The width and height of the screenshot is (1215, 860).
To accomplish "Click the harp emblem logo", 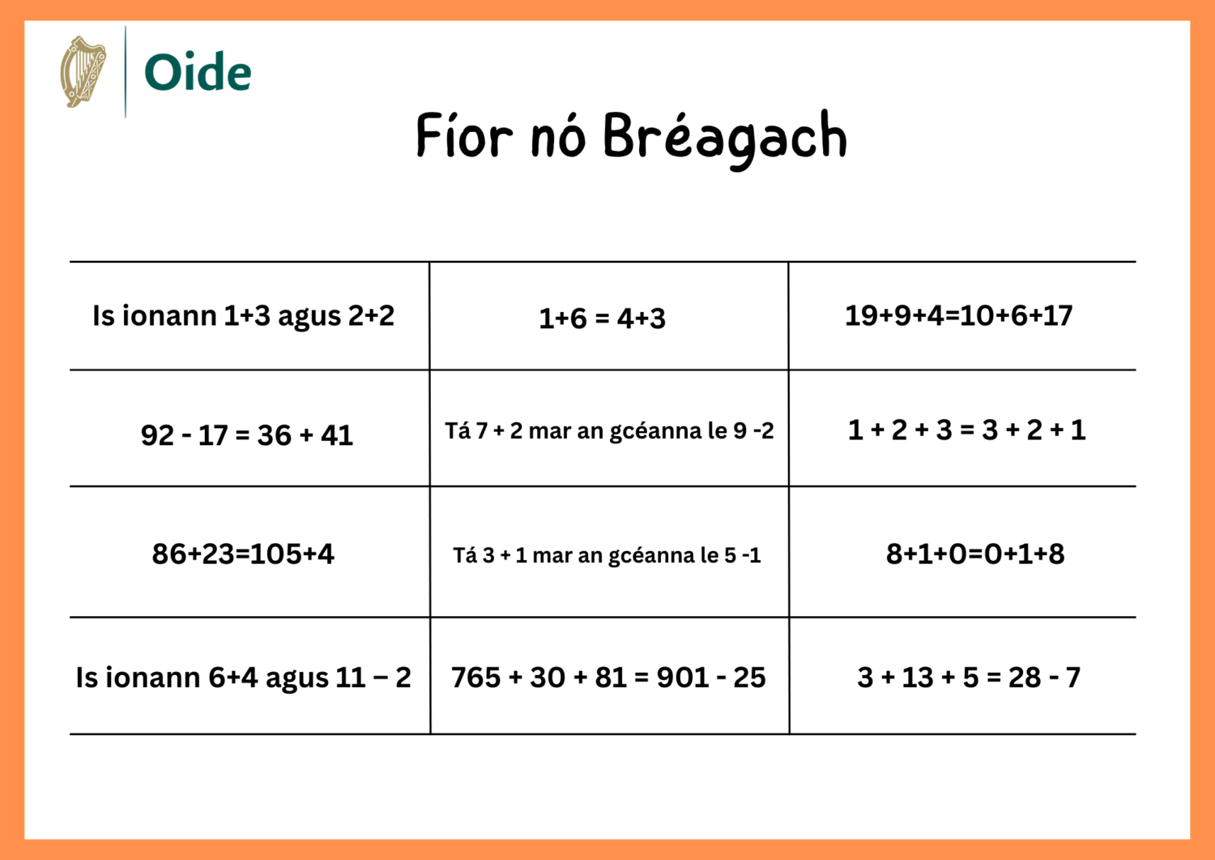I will (83, 71).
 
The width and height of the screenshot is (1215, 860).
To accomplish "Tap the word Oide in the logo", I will (198, 73).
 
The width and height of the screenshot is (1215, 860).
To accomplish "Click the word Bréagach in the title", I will (724, 137).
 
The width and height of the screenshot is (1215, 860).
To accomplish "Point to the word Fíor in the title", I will (464, 135).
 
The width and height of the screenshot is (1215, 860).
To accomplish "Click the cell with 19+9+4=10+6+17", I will (958, 315).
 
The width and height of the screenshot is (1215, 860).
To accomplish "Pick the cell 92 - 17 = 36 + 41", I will (247, 435).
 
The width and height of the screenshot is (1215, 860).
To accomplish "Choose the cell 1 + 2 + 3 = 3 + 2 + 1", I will (966, 430).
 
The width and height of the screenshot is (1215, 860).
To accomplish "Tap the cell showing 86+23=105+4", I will (243, 554).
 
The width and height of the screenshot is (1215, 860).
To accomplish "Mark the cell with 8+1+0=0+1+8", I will (975, 554).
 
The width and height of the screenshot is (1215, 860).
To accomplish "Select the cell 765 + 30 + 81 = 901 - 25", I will (608, 677).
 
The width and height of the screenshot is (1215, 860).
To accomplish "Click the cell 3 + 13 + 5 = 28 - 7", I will (969, 677).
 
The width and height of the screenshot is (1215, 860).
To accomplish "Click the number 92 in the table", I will (157, 435).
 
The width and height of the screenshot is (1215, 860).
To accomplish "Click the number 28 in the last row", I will (1025, 677).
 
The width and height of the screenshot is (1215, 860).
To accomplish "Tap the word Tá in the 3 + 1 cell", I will (465, 555).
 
